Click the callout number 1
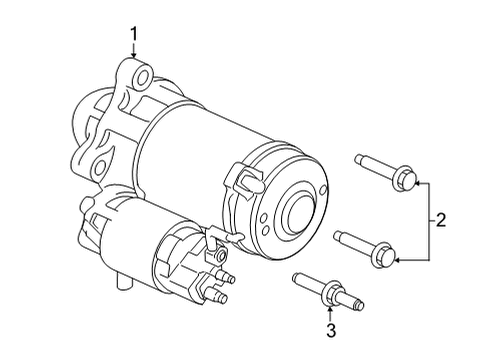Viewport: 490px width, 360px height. click(134, 37)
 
